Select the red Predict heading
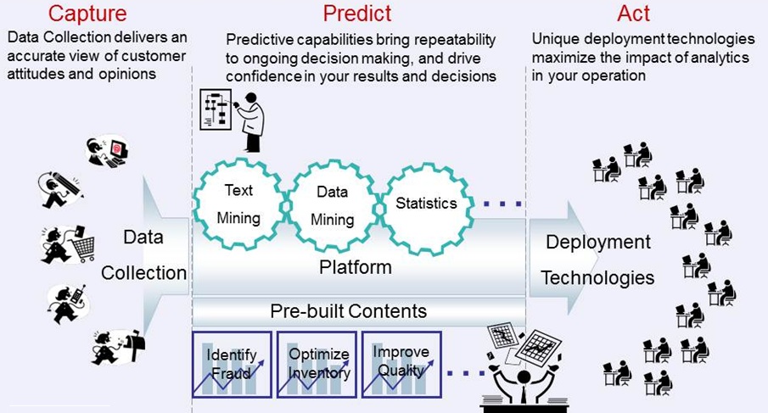[357, 14]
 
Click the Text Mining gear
[238, 204]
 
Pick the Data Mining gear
[332, 206]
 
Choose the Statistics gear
[426, 204]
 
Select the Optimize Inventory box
[318, 364]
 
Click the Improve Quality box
[401, 364]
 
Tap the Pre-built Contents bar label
[348, 310]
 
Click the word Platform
[356, 268]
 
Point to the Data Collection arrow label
[143, 255]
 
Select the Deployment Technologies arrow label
[598, 260]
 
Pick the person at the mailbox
[118, 346]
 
